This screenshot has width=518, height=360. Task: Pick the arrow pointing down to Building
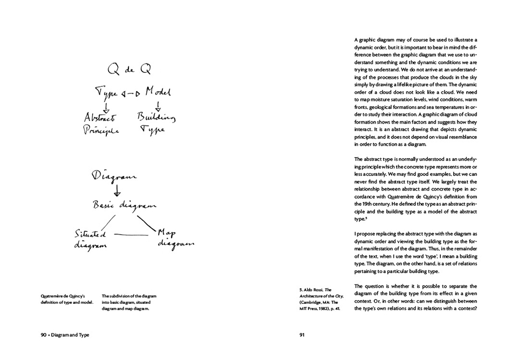point(158,105)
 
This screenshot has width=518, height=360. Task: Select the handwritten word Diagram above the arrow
point(114,177)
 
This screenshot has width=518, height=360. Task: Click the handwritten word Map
point(168,233)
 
